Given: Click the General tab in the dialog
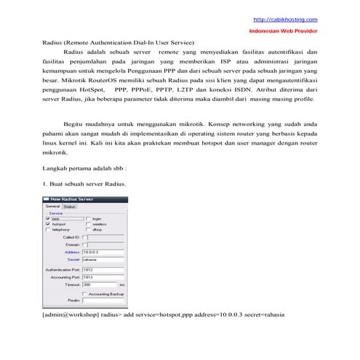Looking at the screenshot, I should [x=52, y=206].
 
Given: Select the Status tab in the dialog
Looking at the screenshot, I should [x=69, y=206].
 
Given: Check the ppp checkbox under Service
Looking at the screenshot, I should [x=48, y=218].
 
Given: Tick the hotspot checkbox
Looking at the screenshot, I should [x=48, y=224].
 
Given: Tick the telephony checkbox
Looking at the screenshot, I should [x=48, y=230].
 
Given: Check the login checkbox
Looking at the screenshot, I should [x=88, y=218].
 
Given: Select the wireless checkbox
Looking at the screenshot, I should [x=88, y=224].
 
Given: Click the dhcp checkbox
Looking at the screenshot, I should [x=88, y=230].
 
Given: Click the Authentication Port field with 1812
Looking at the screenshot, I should [x=102, y=270].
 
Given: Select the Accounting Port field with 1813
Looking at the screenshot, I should [x=102, y=277].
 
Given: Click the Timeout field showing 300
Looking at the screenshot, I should [x=99, y=284].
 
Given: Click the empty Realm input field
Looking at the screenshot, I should [x=102, y=300].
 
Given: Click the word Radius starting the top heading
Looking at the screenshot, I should [x=53, y=44].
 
